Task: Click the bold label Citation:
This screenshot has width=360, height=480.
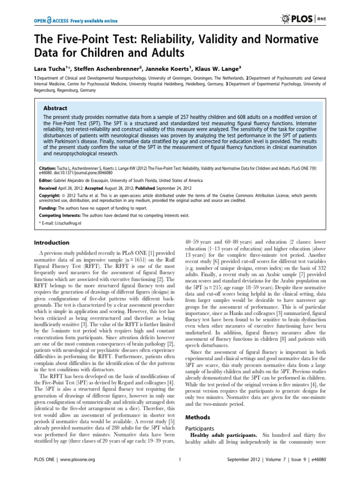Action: tap(48, 166)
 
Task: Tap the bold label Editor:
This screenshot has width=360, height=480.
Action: tap(46, 179)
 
